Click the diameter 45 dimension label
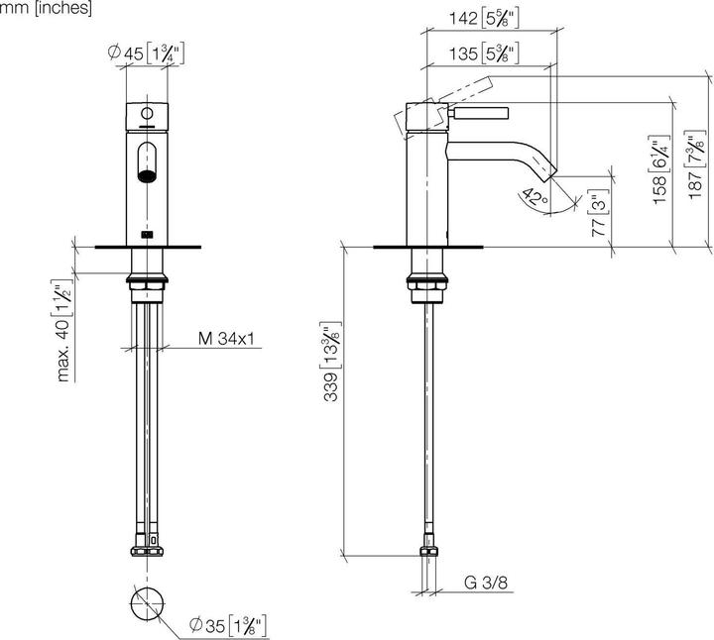coord(148,55)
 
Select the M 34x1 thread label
coord(227,339)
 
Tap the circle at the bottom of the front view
coord(148,602)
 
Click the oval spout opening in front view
coord(148,162)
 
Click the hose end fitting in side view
coord(429,554)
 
